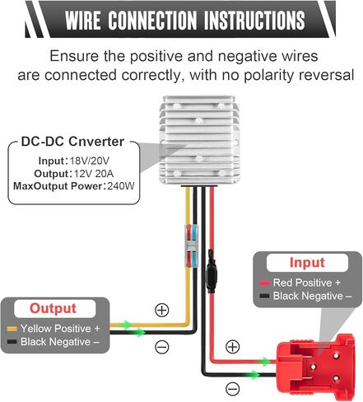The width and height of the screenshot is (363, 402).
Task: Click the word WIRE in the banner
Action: [83, 20]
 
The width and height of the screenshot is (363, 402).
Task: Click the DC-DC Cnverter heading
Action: [72, 142]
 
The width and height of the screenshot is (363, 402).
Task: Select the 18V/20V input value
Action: [90, 161]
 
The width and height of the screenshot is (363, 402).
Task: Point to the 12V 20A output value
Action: [94, 174]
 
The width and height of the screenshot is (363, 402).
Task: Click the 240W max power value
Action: [121, 186]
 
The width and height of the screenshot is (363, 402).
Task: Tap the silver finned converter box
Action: [199, 140]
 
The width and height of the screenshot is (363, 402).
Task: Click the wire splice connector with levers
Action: [191, 246]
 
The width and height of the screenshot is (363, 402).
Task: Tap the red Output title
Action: [53, 308]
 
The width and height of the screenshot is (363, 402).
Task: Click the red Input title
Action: [307, 263]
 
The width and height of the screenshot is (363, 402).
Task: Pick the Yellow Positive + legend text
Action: [60, 329]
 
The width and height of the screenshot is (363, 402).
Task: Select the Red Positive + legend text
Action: [307, 283]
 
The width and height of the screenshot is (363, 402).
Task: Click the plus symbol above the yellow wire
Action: [162, 310]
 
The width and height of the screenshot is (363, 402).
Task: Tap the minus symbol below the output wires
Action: [162, 348]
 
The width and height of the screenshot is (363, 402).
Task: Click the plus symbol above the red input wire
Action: [232, 347]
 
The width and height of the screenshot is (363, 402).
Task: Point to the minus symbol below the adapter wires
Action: [232, 389]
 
